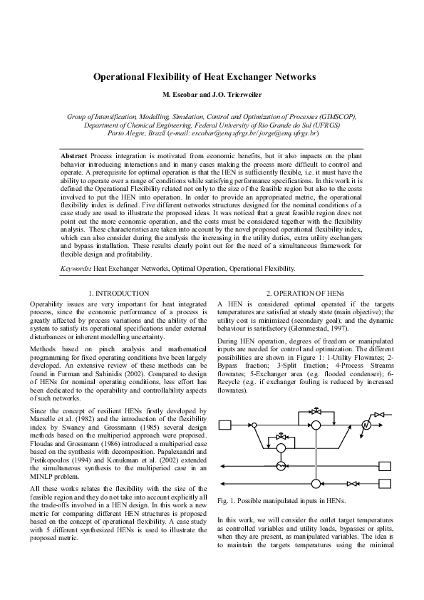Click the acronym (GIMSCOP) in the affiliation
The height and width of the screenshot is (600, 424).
pyautogui.click(x=333, y=115)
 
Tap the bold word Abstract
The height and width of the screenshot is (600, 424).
pyautogui.click(x=74, y=155)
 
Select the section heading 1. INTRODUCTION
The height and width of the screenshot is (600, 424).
pyautogui.click(x=118, y=293)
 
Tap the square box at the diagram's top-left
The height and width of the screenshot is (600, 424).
pyautogui.click(x=225, y=425)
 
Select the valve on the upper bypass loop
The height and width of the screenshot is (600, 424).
pyautogui.click(x=316, y=413)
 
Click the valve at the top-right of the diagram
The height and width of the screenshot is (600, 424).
pyautogui.click(x=380, y=413)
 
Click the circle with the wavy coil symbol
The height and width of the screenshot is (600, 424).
pyautogui.click(x=281, y=465)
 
